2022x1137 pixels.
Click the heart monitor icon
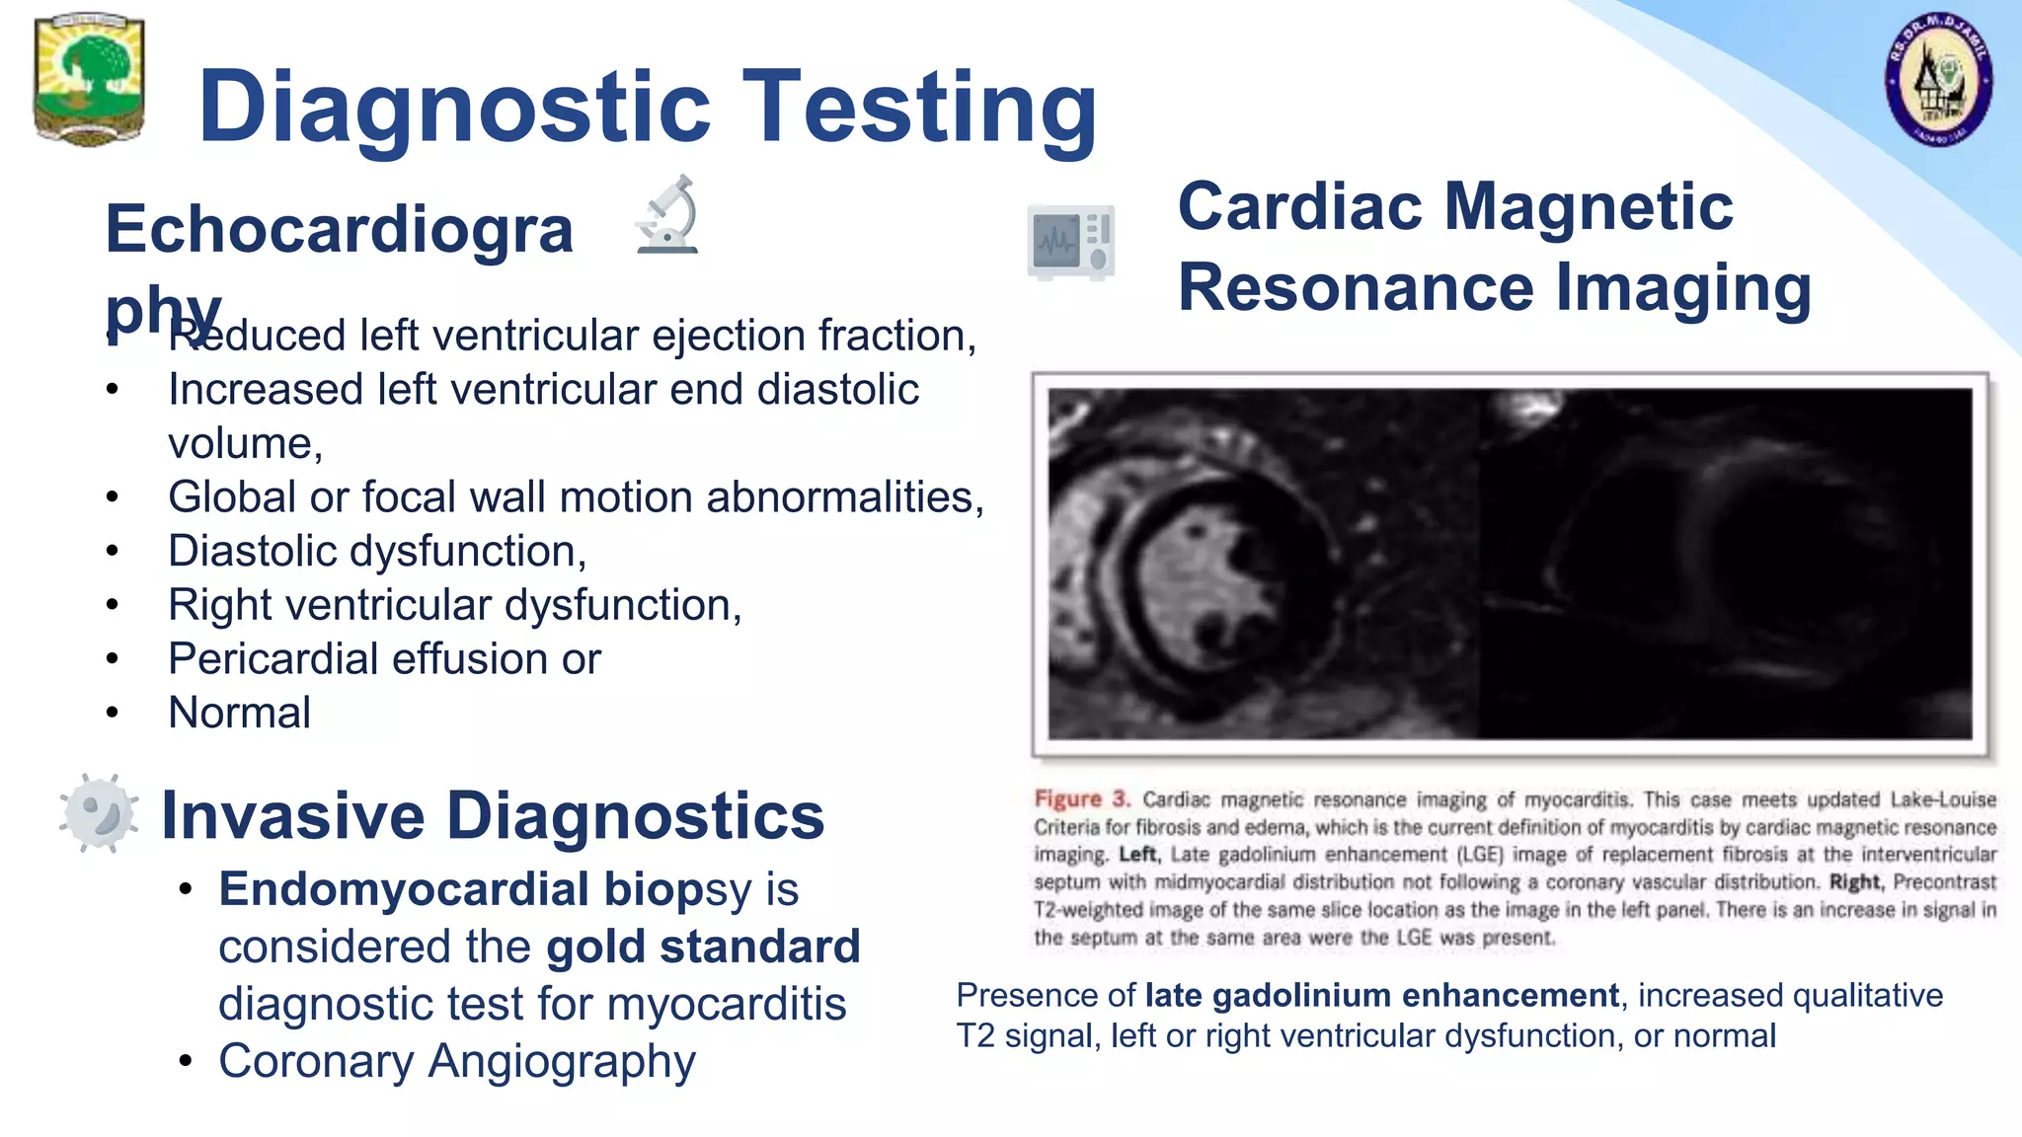tap(1071, 242)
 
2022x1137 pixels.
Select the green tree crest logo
tap(90, 79)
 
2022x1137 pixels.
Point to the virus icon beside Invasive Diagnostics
tap(98, 813)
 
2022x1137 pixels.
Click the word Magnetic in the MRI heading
tap(1590, 207)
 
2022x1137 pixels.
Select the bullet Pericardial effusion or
tap(384, 659)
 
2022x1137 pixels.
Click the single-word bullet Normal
tap(240, 713)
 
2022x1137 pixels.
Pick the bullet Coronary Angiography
tap(456, 1062)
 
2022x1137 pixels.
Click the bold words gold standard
tap(703, 947)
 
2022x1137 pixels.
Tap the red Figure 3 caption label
tap(1081, 798)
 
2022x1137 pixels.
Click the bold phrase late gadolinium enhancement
tap(1381, 995)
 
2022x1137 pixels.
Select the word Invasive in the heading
tap(293, 816)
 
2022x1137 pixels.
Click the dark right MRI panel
tap(1728, 563)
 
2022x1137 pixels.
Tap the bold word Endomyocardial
tap(405, 889)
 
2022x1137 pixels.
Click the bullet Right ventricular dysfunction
tap(454, 605)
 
